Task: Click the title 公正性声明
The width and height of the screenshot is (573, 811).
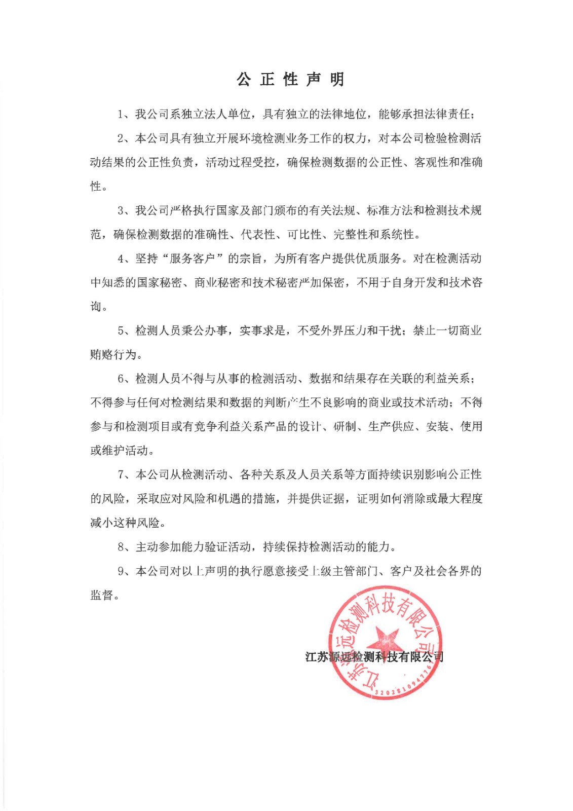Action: coord(290,80)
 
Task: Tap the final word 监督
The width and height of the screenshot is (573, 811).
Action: coord(102,595)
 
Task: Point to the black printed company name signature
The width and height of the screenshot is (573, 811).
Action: coord(374,657)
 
